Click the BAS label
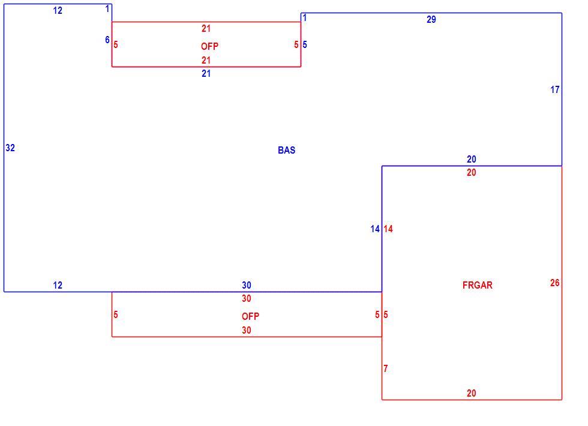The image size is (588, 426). (x=287, y=151)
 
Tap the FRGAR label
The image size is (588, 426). (x=478, y=286)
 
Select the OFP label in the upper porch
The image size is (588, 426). (x=209, y=47)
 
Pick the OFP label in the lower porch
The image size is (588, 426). (x=251, y=317)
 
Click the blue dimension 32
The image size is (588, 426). (x=10, y=148)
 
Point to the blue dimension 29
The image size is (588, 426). (x=431, y=19)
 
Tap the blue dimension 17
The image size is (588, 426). (x=555, y=89)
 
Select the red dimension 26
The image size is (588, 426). (x=555, y=283)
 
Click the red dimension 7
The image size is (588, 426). (x=385, y=368)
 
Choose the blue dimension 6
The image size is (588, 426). (x=107, y=40)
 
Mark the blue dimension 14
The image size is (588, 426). (x=375, y=229)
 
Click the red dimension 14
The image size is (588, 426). (x=388, y=229)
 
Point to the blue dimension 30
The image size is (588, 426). (x=247, y=286)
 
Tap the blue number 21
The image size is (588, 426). (x=206, y=73)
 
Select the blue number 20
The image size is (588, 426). (x=472, y=160)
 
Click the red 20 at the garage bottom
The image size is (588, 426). (x=472, y=394)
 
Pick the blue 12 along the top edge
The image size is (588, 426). (x=58, y=11)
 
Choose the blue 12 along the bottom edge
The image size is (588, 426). (x=58, y=286)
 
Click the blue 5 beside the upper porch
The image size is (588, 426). (x=305, y=44)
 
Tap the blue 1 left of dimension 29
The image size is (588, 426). (x=305, y=17)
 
